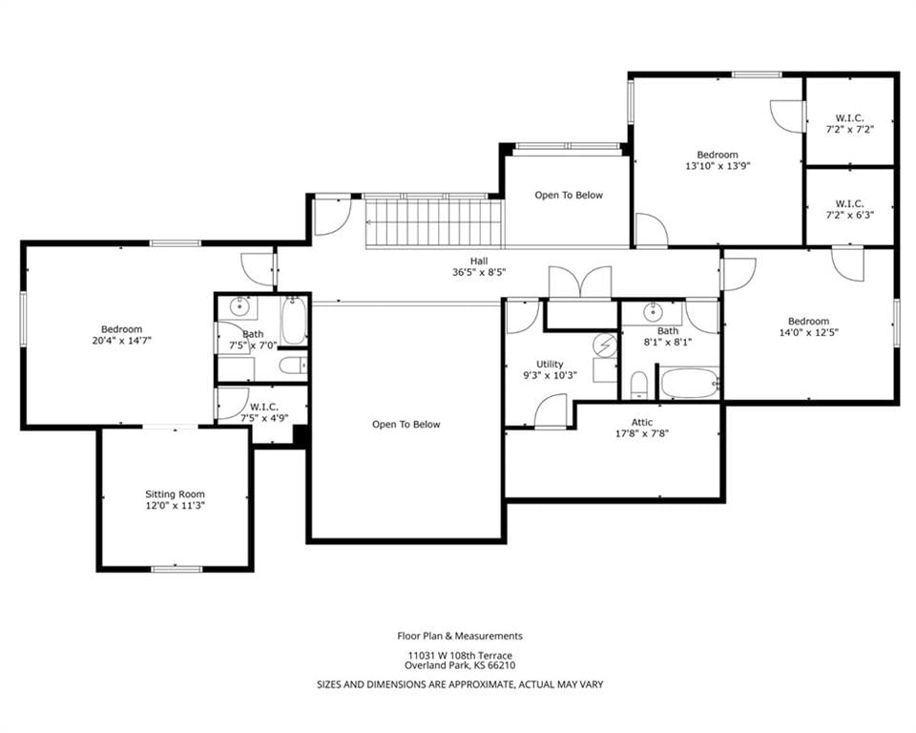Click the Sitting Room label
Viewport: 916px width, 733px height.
(175, 494)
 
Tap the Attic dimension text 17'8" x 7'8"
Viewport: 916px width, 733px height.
(641, 433)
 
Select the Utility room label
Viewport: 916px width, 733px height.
(550, 365)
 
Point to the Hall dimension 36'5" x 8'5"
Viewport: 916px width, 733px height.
(478, 272)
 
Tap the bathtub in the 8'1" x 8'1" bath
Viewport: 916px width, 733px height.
(689, 383)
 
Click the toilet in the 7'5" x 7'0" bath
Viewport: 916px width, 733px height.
(292, 366)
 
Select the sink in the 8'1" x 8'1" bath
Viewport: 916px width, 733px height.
(652, 313)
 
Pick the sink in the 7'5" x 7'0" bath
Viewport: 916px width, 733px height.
(239, 305)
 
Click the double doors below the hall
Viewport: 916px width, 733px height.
(580, 284)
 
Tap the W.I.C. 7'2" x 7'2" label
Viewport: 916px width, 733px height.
(849, 124)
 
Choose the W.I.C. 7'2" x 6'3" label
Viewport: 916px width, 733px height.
(849, 209)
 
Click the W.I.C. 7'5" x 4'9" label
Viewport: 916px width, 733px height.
(264, 412)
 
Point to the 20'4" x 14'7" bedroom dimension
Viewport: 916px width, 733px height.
(121, 340)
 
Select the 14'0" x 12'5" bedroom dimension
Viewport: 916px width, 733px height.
(808, 332)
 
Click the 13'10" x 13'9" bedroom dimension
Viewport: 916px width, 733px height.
(718, 166)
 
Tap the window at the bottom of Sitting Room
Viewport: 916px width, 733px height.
(177, 568)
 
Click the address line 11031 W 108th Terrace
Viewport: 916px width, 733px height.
(460, 656)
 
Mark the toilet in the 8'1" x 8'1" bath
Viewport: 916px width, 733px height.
(639, 385)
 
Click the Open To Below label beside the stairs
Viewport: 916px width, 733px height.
(569, 196)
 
